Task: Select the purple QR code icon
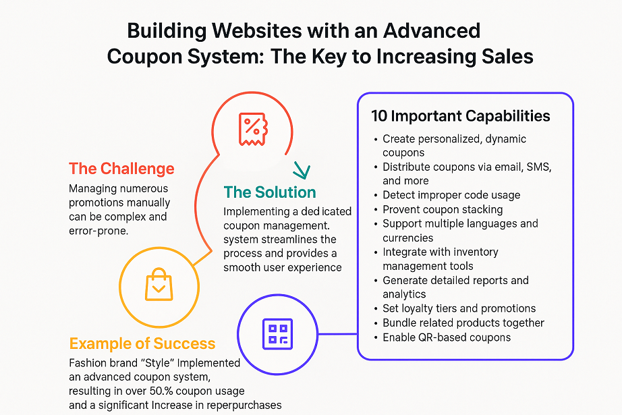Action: (x=277, y=333)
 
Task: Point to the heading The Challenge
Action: (x=121, y=169)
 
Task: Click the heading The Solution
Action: (x=270, y=192)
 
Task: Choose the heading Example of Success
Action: (x=142, y=344)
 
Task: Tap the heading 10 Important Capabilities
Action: (x=461, y=115)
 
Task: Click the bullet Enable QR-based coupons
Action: (x=446, y=337)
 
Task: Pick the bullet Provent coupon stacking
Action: (x=442, y=209)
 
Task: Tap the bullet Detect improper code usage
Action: (x=451, y=195)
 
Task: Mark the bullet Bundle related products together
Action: (x=463, y=323)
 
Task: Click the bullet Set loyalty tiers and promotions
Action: (x=459, y=308)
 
